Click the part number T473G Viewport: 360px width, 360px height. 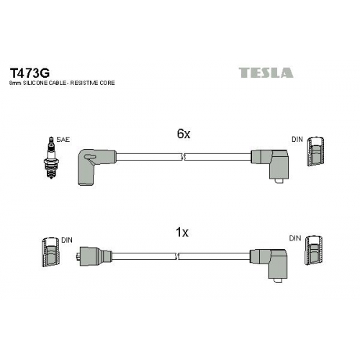point(30,73)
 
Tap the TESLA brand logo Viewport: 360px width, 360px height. point(266,73)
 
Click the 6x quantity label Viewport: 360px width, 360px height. point(184,134)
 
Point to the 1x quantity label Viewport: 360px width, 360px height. point(182,232)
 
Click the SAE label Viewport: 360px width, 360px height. point(63,140)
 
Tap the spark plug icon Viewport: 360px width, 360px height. point(50,158)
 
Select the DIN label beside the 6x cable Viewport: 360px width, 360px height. point(297,139)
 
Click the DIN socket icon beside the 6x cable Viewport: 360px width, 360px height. point(315,151)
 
